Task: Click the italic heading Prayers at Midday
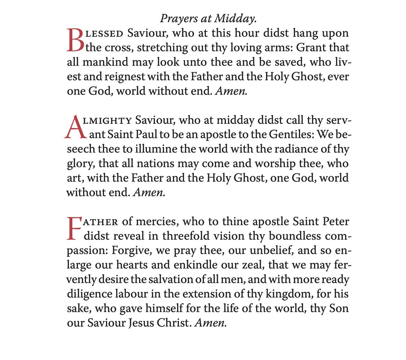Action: tap(208, 19)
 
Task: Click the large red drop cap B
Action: tap(75, 41)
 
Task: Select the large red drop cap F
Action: tap(74, 229)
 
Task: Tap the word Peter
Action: tap(335, 222)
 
